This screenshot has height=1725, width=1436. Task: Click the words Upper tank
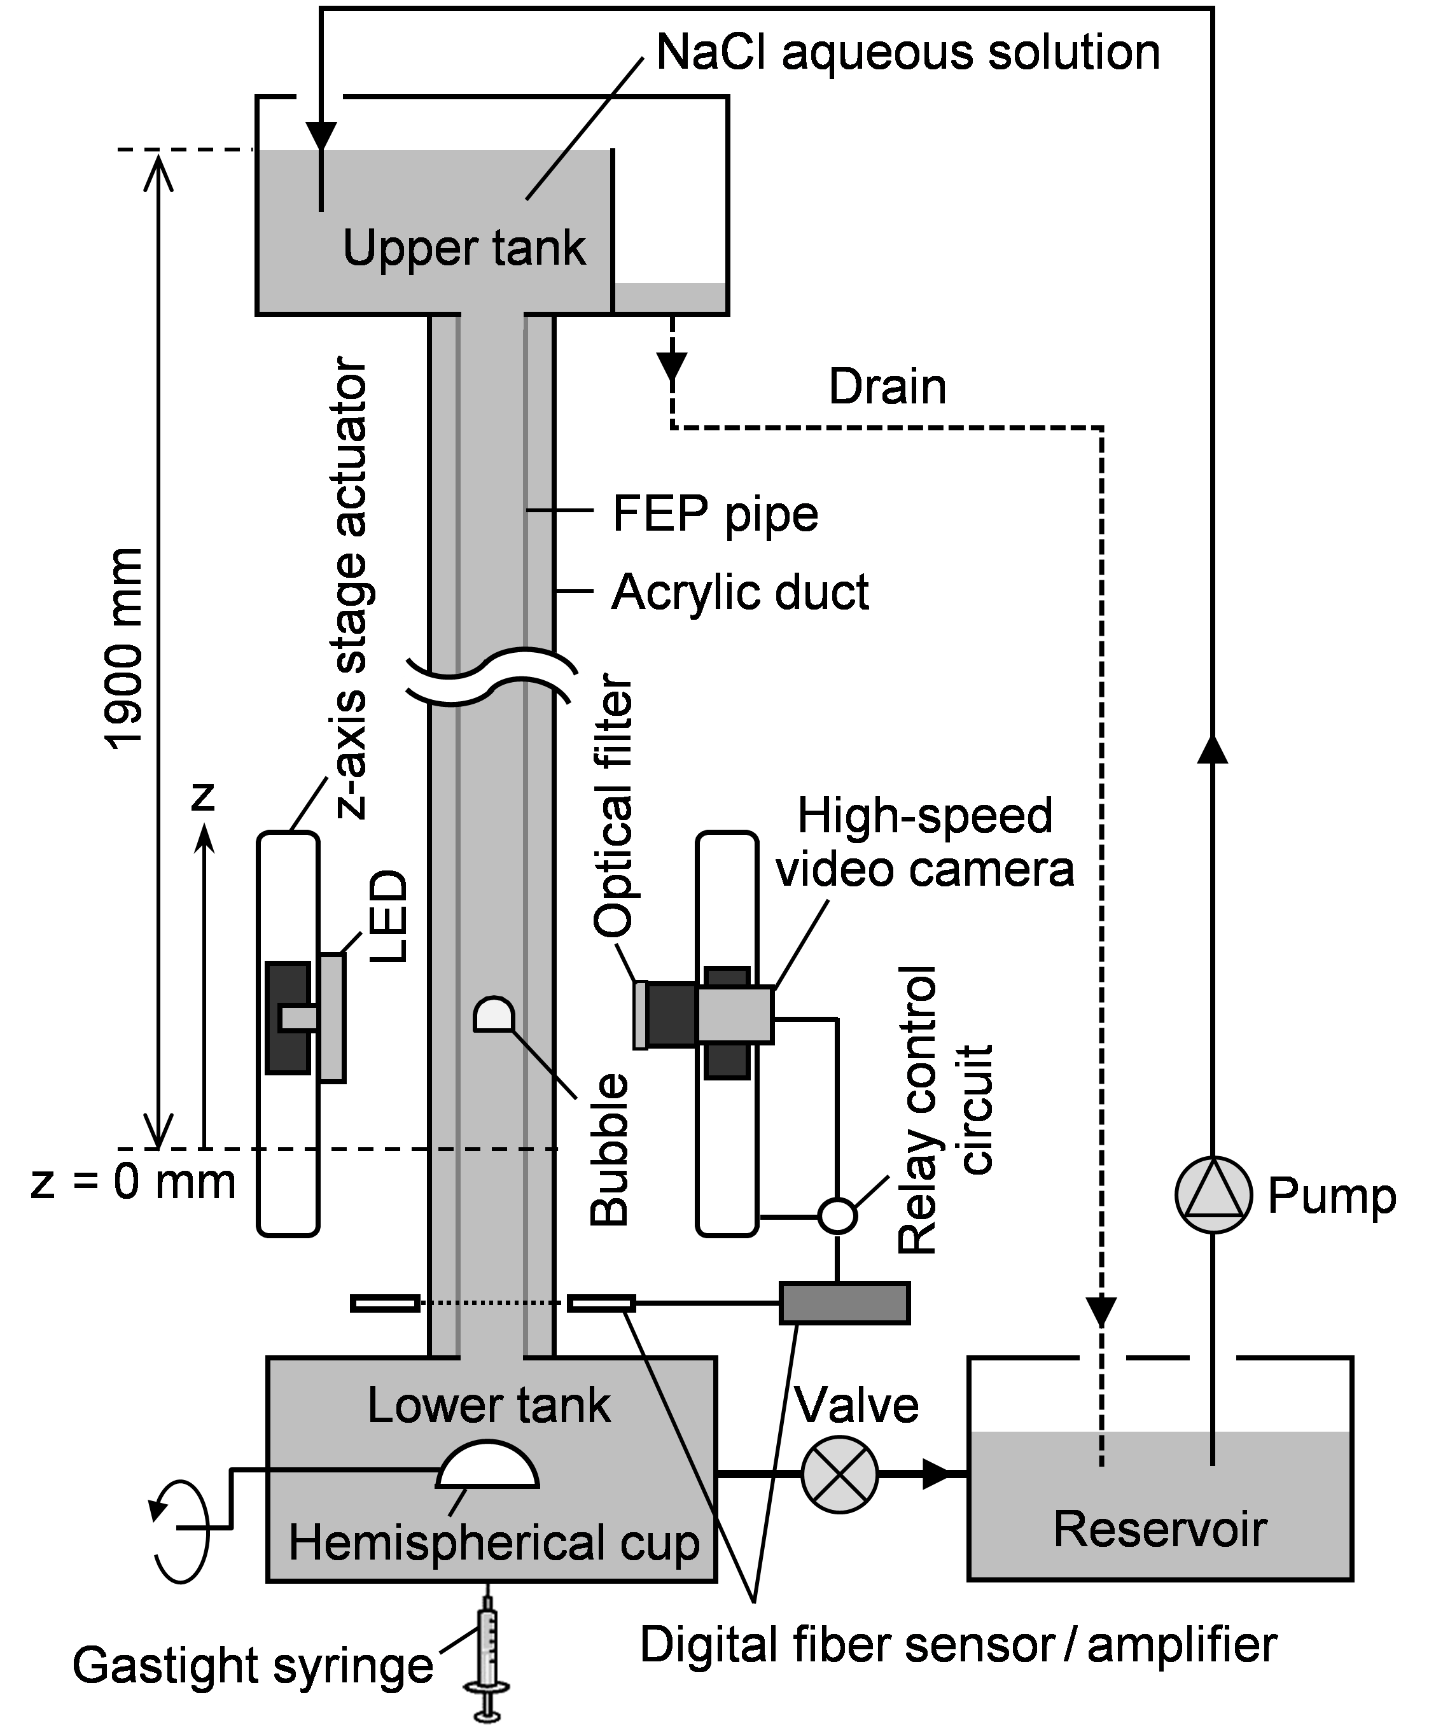click(464, 248)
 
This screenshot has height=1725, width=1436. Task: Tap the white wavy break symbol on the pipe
click(494, 675)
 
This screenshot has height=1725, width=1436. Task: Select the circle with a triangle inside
click(1213, 1195)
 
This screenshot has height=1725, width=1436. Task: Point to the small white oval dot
click(837, 1216)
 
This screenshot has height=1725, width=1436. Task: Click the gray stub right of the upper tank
click(669, 297)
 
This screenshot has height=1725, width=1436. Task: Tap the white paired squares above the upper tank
click(319, 99)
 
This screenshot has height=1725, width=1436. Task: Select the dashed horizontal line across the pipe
click(494, 1149)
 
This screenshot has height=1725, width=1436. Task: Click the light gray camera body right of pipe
click(734, 1016)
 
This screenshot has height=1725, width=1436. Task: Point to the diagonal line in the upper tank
click(547, 174)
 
